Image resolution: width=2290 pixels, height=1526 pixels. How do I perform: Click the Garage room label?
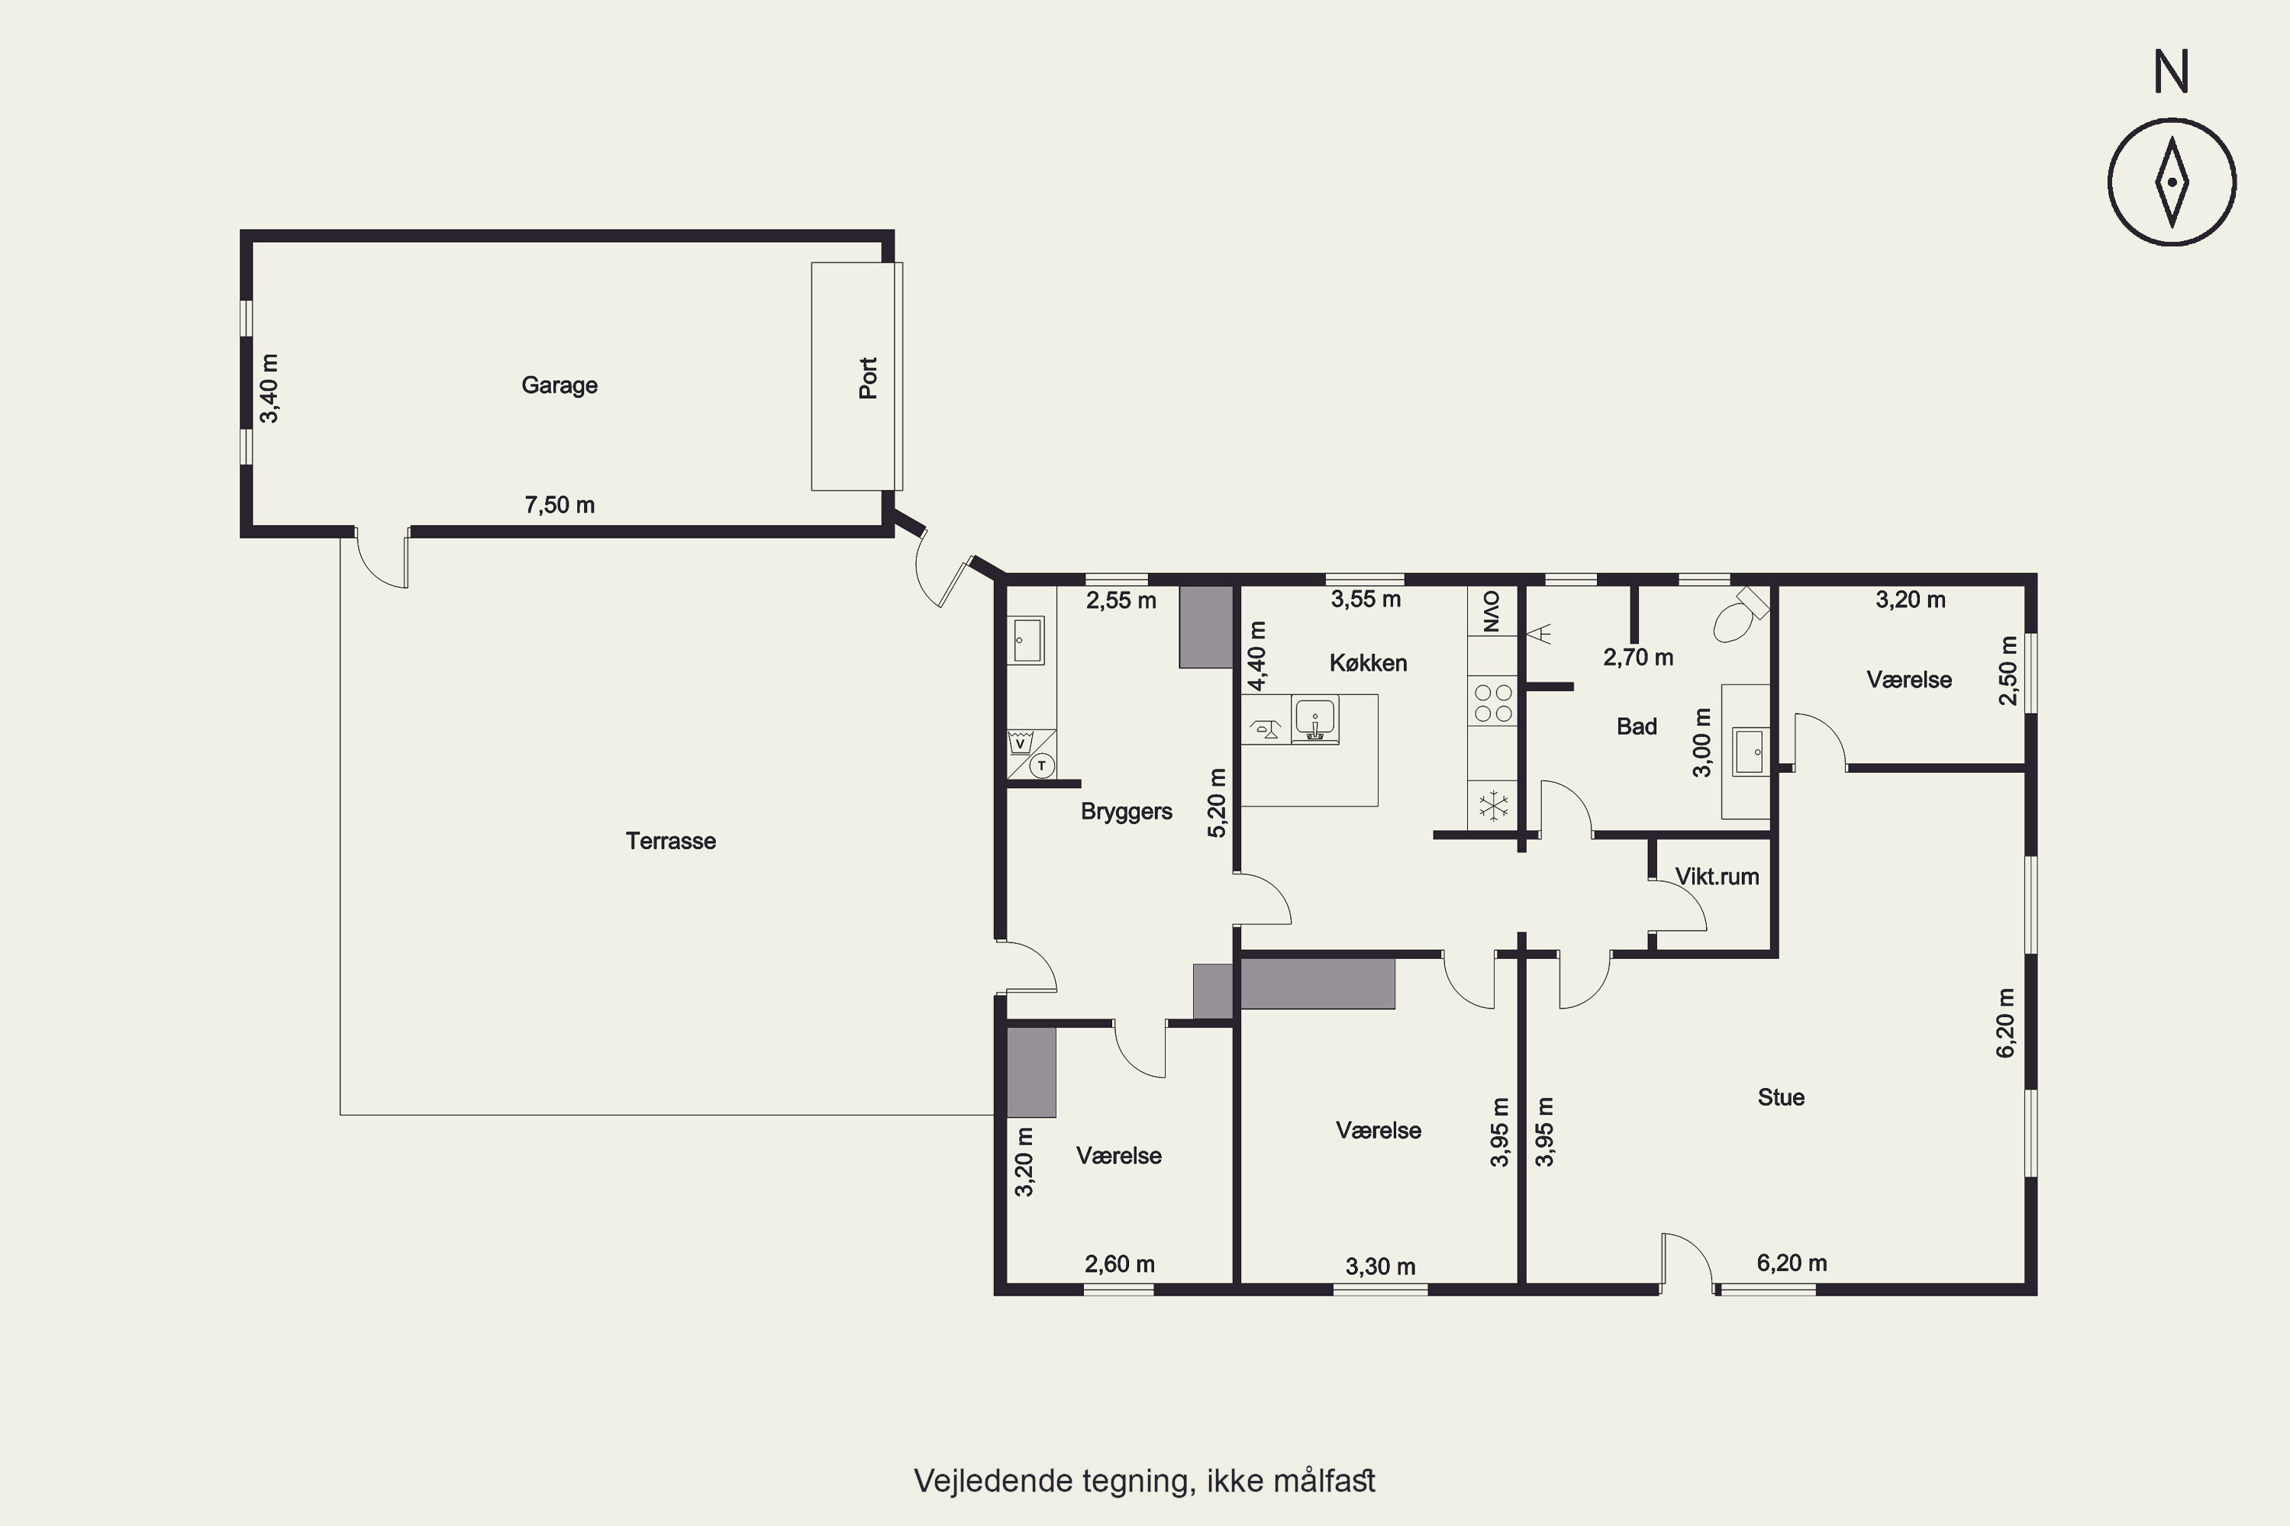tap(560, 385)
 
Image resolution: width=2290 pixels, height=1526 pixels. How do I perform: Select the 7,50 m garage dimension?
tap(560, 505)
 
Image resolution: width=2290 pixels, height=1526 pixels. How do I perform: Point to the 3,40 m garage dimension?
tap(269, 388)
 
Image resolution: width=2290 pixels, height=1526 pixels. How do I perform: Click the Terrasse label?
tap(671, 841)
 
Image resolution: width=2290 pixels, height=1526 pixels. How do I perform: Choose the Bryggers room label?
tap(1127, 812)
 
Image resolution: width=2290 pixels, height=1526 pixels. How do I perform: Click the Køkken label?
tap(1368, 663)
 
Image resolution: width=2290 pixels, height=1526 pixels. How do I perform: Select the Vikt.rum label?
tap(1717, 877)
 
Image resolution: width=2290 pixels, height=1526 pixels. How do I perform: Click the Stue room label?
tap(1781, 1098)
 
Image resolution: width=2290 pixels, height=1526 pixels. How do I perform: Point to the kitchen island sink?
tap(1314, 720)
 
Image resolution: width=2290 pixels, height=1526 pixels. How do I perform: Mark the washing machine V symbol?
tap(1019, 742)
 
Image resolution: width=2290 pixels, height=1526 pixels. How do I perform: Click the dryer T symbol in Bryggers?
tap(1042, 766)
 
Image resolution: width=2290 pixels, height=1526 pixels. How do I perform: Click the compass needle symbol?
tap(2172, 183)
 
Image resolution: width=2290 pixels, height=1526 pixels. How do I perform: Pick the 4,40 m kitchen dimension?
tap(1258, 656)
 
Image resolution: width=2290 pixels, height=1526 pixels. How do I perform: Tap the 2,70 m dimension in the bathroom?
tap(1639, 658)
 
